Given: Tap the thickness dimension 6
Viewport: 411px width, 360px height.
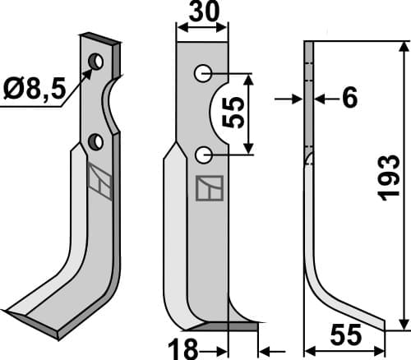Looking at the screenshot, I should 349,99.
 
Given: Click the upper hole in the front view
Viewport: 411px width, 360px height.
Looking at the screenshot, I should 203,74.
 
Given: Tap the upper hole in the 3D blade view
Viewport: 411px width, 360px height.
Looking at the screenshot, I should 97,62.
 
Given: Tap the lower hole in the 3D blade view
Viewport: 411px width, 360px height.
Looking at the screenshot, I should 97,142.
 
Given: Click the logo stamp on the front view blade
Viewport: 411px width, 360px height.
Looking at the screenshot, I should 208,188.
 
